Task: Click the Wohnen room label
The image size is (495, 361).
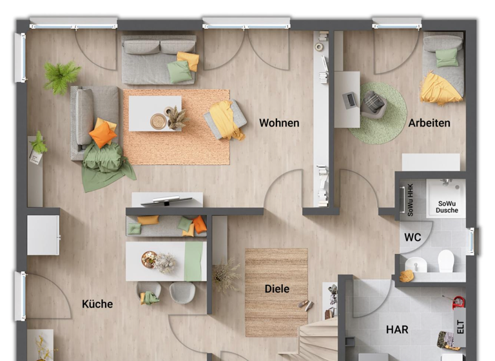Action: point(279,122)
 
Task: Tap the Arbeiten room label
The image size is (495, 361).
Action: point(429,122)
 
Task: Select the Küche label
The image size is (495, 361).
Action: point(97,304)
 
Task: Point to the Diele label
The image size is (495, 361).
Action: point(277,289)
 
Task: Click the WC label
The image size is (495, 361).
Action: point(412,237)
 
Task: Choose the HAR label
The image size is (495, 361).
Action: point(397,329)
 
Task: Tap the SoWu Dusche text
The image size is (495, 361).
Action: point(447,206)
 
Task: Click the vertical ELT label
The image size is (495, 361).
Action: point(460,326)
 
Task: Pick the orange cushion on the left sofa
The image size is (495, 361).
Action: point(102,134)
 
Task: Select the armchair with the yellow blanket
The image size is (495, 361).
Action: point(226,119)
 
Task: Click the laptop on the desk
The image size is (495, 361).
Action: point(351,101)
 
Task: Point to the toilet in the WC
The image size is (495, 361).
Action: point(446,261)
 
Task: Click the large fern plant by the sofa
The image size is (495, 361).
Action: point(61,76)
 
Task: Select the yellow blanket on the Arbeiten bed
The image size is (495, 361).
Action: point(440,88)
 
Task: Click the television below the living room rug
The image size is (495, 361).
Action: point(166,200)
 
